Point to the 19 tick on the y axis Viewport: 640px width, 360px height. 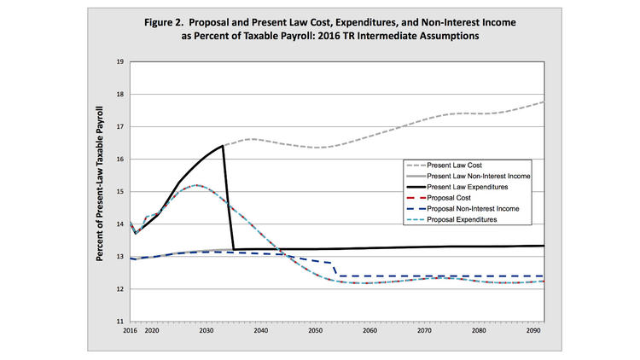[119, 62]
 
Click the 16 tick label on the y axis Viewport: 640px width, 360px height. [119, 160]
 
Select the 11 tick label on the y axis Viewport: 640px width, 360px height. [119, 322]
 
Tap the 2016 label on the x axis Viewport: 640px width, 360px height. [130, 329]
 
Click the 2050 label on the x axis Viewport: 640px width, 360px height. [316, 329]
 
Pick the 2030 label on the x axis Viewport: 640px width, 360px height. [207, 329]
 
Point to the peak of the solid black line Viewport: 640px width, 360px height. [223, 146]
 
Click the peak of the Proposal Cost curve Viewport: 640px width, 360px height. [196, 185]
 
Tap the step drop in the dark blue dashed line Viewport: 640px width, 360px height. [334, 269]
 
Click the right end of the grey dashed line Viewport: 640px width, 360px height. [544, 102]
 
